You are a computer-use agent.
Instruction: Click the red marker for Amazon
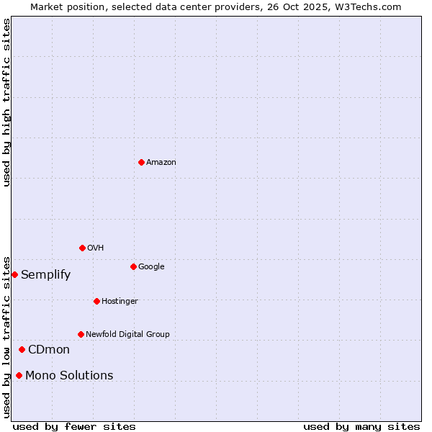[141, 162]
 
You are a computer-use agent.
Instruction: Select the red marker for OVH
[82, 248]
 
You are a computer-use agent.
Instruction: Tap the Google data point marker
[133, 266]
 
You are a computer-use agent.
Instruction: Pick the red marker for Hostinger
[96, 301]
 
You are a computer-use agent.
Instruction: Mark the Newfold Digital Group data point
[81, 334]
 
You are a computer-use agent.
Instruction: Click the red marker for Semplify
[14, 274]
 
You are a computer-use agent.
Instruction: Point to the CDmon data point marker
[22, 349]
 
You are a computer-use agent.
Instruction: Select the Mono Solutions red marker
[19, 375]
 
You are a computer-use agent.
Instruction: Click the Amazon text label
[161, 163]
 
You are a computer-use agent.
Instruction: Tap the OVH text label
[96, 248]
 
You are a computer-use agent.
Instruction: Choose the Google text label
[151, 267]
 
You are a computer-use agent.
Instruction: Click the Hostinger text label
[120, 301]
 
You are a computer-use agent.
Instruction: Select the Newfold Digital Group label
[127, 334]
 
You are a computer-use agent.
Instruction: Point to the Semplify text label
[45, 275]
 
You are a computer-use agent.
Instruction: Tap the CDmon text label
[49, 350]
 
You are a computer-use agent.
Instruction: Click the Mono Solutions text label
[69, 376]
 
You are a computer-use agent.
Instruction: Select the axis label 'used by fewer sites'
[74, 426]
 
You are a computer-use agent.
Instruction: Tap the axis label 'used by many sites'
[361, 426]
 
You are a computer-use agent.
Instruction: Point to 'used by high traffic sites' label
[7, 102]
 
